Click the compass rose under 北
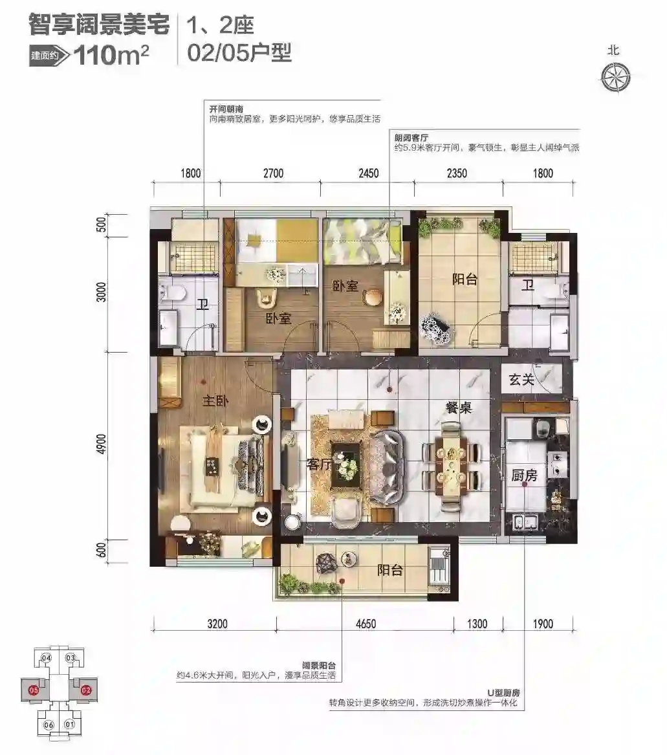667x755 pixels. pyautogui.click(x=615, y=77)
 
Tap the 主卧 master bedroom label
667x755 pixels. pyautogui.click(x=215, y=400)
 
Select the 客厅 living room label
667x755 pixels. pyautogui.click(x=320, y=464)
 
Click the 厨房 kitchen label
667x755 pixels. pyautogui.click(x=524, y=476)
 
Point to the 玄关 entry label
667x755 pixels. pyautogui.click(x=521, y=380)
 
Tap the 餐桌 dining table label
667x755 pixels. pyautogui.click(x=459, y=408)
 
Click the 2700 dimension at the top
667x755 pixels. pyautogui.click(x=273, y=173)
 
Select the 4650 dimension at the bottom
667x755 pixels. pyautogui.click(x=366, y=624)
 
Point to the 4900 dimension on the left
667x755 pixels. pyautogui.click(x=101, y=445)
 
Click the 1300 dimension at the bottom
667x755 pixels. pyautogui.click(x=477, y=624)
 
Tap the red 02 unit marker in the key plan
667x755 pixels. pyautogui.click(x=86, y=690)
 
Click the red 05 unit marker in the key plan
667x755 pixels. pyautogui.click(x=33, y=690)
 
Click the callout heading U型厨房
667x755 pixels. pyautogui.click(x=503, y=693)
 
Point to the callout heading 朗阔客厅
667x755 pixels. pyautogui.click(x=411, y=138)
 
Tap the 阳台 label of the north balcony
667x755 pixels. pyautogui.click(x=465, y=279)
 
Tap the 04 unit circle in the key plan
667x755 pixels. pyautogui.click(x=46, y=658)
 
